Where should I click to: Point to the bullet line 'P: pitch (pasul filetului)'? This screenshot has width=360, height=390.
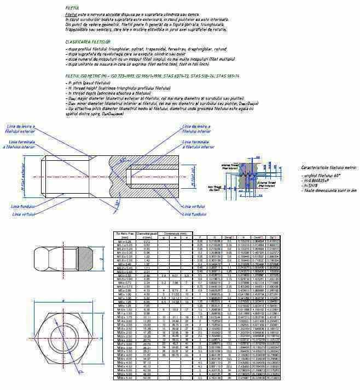90,83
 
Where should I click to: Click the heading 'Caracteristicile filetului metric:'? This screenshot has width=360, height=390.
329,168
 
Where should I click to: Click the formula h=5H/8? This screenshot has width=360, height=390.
313,185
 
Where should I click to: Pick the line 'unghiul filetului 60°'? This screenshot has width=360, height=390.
321,176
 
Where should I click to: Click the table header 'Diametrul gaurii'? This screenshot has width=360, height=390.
147,234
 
